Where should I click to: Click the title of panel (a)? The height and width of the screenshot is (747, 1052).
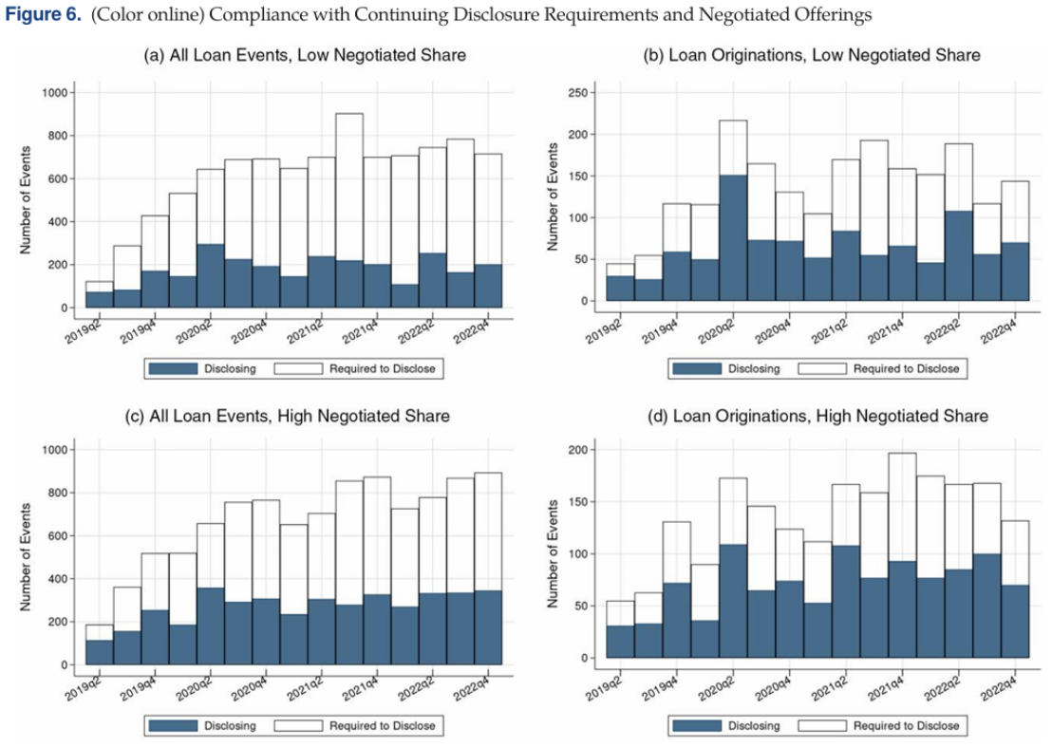305,55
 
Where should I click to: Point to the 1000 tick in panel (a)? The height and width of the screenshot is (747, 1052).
53,93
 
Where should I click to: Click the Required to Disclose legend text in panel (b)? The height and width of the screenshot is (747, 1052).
906,368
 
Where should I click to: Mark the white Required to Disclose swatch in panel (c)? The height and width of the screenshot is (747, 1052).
298,726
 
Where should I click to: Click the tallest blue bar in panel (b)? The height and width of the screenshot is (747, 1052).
731,237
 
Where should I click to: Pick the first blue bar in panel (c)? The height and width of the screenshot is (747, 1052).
99,652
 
